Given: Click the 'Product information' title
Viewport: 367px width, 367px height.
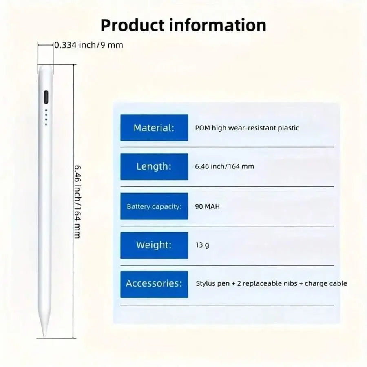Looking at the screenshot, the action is point(183,25).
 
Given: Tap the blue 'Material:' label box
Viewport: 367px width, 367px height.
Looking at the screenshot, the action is point(154,128).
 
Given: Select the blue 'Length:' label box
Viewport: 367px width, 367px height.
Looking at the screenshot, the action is point(154,167).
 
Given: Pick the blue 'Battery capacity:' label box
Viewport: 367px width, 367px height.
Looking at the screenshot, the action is point(154,206).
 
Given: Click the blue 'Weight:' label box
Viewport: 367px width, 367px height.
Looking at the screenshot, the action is point(154,245).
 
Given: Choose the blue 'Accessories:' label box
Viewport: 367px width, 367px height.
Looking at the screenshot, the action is point(154,284).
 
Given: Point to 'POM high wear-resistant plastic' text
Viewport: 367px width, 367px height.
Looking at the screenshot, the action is point(247,128).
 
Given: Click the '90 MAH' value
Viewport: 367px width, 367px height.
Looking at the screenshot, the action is point(208,206).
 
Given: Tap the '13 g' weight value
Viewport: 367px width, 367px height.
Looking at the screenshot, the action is point(202,245).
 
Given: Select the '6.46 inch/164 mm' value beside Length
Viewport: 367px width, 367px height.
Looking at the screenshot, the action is point(224,166).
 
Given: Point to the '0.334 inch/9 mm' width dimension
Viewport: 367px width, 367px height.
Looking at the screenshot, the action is point(89,45).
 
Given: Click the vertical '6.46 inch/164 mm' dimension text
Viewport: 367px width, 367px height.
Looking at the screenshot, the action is point(77,201).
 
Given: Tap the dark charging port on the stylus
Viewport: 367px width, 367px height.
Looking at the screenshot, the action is point(46,97).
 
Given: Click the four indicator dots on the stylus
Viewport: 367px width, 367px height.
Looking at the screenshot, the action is point(46,117).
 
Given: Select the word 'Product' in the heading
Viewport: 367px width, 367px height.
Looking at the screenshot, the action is point(133,25).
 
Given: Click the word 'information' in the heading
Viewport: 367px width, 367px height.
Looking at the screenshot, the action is point(217,25).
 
